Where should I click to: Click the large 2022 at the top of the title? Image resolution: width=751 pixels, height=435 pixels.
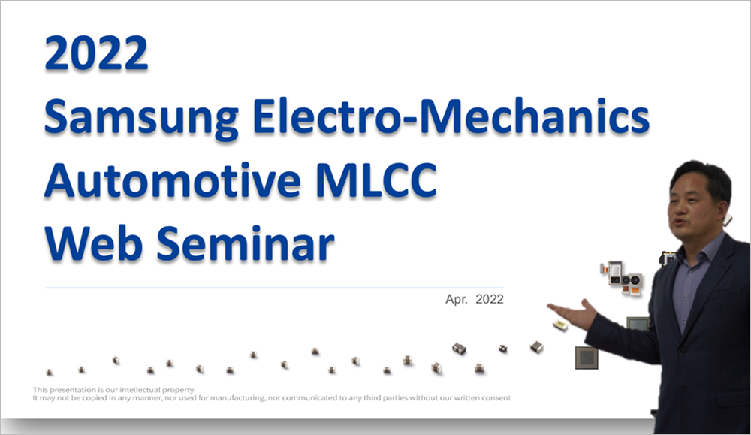(x=96, y=53)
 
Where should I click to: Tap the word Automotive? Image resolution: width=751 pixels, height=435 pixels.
(x=173, y=180)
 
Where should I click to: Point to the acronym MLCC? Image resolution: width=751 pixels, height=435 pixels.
(x=376, y=180)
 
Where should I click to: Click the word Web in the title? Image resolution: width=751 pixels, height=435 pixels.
(x=94, y=243)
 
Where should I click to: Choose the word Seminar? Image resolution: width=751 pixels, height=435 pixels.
(x=246, y=243)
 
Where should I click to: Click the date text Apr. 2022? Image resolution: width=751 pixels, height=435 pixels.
(x=474, y=299)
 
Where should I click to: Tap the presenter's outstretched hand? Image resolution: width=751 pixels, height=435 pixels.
(x=573, y=314)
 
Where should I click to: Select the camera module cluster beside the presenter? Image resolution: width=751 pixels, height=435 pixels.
(x=622, y=278)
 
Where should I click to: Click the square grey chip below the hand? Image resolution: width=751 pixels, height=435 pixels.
(x=587, y=358)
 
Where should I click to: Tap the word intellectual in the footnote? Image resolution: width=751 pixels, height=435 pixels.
(x=140, y=389)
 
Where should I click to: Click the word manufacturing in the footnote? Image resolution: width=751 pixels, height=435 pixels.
(x=237, y=397)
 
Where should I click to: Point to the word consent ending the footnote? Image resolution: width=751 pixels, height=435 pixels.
(x=496, y=397)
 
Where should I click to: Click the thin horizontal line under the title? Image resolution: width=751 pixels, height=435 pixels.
(x=274, y=288)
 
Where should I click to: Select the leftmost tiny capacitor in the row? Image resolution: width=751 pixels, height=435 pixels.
(x=50, y=372)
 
